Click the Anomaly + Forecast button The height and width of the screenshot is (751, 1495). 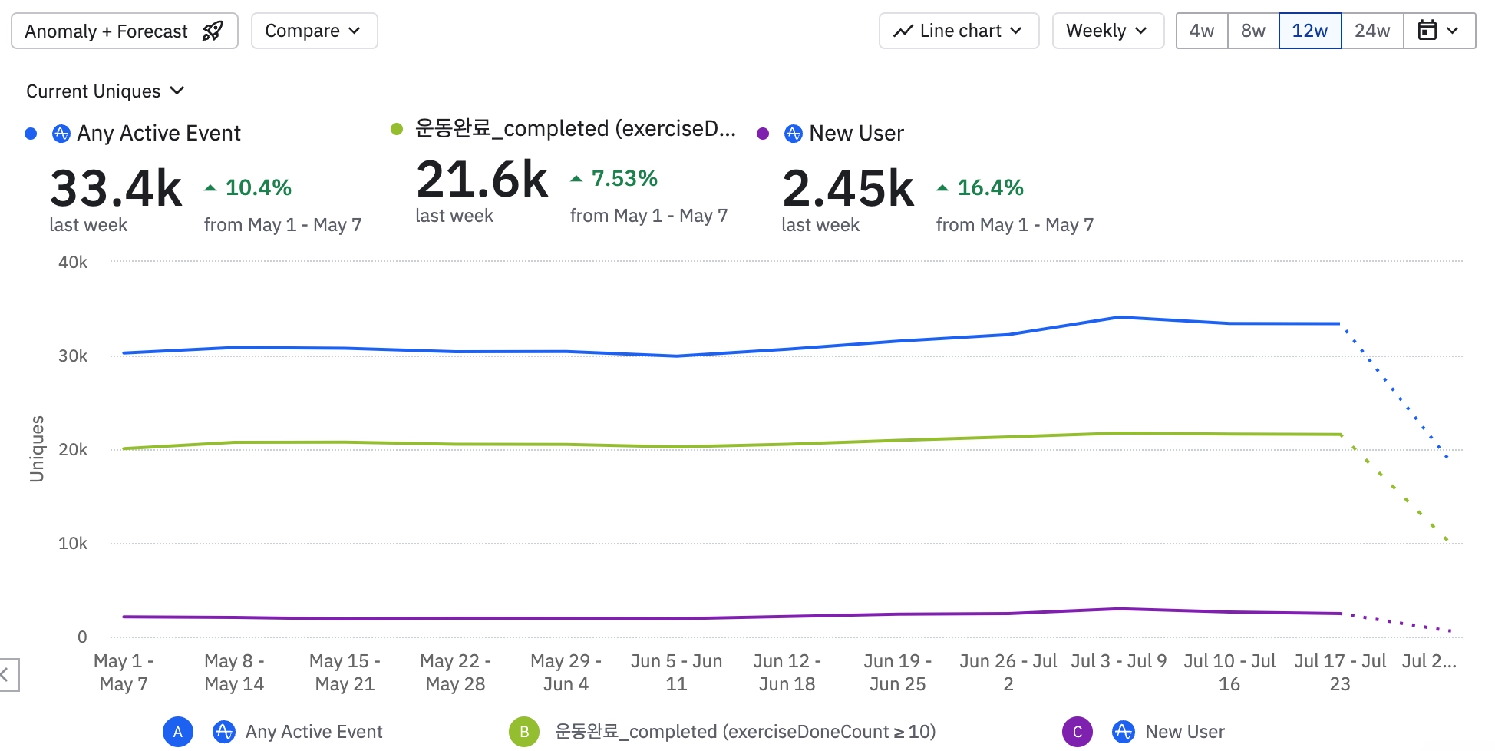pos(124,31)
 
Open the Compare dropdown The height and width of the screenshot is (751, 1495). pos(314,31)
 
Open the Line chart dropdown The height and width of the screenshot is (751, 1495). pos(959,31)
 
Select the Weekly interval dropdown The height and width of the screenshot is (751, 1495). pos(1107,31)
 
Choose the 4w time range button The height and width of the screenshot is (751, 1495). pos(1202,31)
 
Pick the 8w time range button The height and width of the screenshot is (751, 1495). pos(1253,31)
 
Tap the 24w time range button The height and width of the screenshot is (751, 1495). pos(1372,31)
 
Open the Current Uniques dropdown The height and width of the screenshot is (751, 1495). pos(105,91)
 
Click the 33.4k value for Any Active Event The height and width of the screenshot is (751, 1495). pos(116,189)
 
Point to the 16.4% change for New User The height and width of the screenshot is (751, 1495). pos(990,187)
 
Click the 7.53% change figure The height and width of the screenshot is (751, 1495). pos(624,179)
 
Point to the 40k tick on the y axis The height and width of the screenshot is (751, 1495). pos(73,263)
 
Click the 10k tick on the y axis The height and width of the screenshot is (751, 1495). pos(73,544)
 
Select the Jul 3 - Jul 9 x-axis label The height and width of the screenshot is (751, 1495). pos(1118,661)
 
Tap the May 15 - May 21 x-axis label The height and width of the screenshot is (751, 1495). pos(345,673)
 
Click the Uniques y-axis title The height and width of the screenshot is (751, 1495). pos(36,449)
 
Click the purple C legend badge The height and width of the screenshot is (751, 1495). pos(1077,732)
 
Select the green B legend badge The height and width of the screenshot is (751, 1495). pos(523,732)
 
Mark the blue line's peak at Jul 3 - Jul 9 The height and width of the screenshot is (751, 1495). pos(1119,317)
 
